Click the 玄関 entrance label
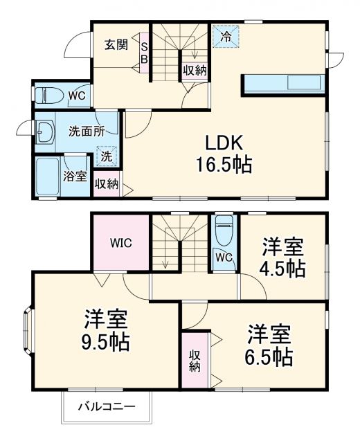coord(116,45)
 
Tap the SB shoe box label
coord(144,53)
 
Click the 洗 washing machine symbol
coord(106,156)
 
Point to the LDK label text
coord(222,143)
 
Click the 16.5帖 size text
coord(222,165)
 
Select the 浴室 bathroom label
coord(75,176)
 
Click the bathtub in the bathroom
coord(48,177)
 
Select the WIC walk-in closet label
coord(120,243)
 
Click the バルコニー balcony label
coord(106,406)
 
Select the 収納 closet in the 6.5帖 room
coord(195,361)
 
